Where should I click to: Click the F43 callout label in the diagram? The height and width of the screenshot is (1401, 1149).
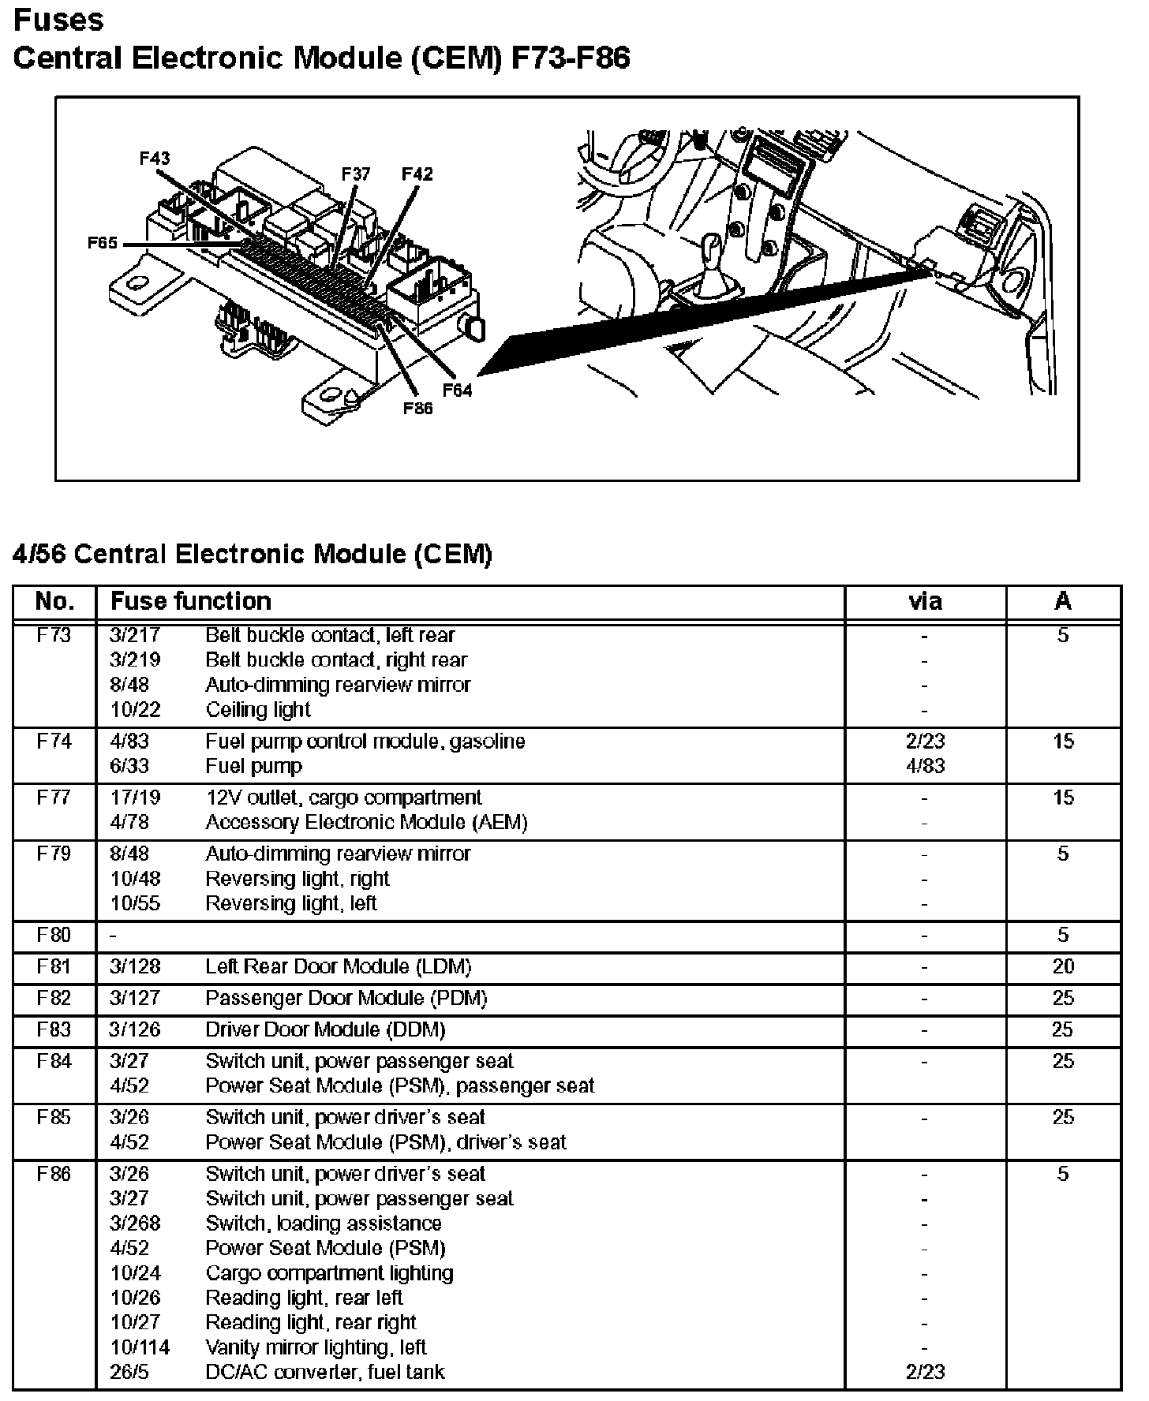pyautogui.click(x=155, y=159)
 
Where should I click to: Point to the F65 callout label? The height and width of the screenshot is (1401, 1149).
pyautogui.click(x=103, y=243)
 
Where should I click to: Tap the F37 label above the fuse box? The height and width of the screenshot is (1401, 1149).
pyautogui.click(x=356, y=174)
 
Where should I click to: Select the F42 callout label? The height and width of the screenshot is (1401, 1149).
pyautogui.click(x=417, y=174)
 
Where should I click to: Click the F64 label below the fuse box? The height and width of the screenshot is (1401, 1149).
pyautogui.click(x=457, y=390)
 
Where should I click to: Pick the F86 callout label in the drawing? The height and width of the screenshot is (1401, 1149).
pyautogui.click(x=417, y=409)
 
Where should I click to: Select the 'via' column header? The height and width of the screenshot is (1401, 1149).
pyautogui.click(x=925, y=602)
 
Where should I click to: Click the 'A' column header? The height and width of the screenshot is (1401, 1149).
pyautogui.click(x=1063, y=602)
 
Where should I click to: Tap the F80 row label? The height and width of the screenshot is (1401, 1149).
pyautogui.click(x=54, y=936)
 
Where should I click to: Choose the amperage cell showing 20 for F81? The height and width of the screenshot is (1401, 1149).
pyautogui.click(x=1063, y=967)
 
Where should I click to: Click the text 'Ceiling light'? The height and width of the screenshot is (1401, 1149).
pyautogui.click(x=258, y=710)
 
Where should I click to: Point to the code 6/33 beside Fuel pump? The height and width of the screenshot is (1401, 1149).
pyautogui.click(x=129, y=766)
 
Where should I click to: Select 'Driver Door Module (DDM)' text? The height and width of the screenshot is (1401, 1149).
pyautogui.click(x=325, y=1030)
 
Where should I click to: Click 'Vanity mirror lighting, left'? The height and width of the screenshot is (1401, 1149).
pyautogui.click(x=316, y=1347)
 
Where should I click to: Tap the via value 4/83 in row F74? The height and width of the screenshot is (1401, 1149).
pyautogui.click(x=925, y=766)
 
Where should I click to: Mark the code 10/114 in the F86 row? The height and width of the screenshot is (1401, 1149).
pyautogui.click(x=140, y=1347)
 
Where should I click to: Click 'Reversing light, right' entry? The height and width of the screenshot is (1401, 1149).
pyautogui.click(x=298, y=879)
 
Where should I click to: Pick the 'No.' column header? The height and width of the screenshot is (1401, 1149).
pyautogui.click(x=54, y=602)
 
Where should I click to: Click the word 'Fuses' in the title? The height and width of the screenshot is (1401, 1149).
pyautogui.click(x=58, y=20)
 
